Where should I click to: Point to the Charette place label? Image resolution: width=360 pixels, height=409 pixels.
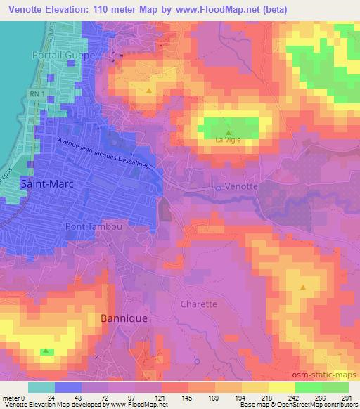point(199,304)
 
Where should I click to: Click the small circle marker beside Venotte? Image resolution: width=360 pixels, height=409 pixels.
point(218,188)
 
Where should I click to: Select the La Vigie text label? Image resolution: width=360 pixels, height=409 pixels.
point(228,141)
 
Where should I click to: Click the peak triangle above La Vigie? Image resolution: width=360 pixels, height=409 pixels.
point(228,131)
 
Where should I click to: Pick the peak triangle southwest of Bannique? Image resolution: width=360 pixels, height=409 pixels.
point(46,350)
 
